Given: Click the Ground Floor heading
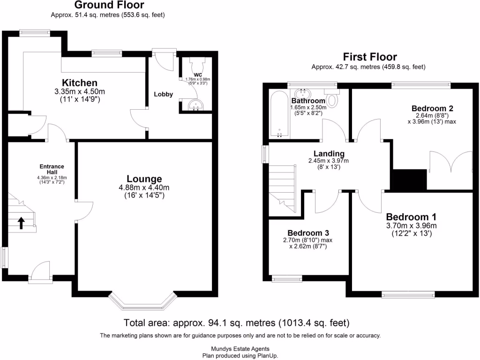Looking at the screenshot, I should pyautogui.click(x=109, y=5).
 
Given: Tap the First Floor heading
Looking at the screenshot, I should pyautogui.click(x=370, y=57).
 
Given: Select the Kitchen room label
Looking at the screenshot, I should pyautogui.click(x=80, y=83).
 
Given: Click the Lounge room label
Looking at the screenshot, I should pyautogui.click(x=144, y=179).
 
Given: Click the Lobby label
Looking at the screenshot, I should pyautogui.click(x=163, y=94).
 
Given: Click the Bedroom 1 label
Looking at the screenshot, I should pyautogui.click(x=411, y=217).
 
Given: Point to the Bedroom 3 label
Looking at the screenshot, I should pyautogui.click(x=308, y=233).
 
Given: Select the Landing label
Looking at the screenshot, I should pyautogui.click(x=330, y=153).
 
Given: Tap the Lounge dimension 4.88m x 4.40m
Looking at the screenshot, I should pyautogui.click(x=144, y=187).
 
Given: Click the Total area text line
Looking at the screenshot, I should pyautogui.click(x=236, y=323).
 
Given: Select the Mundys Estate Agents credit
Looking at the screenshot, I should pyautogui.click(x=240, y=349).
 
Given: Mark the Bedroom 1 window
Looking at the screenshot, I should pyautogui.click(x=408, y=295).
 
